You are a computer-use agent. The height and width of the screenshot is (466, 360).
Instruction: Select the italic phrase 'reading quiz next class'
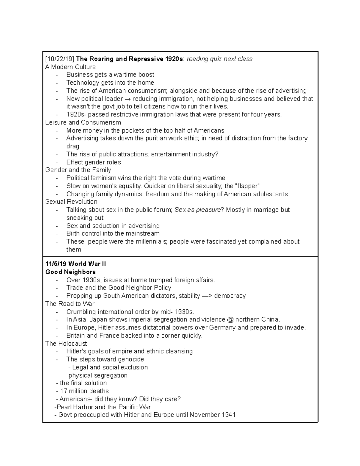pos(220,59)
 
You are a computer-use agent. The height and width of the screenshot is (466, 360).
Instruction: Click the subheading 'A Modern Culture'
pos(70,67)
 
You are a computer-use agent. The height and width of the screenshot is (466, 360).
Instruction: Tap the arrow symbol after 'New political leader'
pos(127,99)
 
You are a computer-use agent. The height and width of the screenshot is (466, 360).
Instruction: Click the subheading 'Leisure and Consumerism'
pos(83,122)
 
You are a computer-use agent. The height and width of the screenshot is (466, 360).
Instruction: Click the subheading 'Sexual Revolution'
pos(71,202)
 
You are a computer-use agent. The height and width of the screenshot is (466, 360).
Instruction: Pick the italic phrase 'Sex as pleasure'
pos(197,210)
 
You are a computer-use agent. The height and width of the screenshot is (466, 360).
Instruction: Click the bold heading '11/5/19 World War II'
pos(75,264)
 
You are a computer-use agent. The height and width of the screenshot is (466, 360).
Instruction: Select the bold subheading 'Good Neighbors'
pos(70,272)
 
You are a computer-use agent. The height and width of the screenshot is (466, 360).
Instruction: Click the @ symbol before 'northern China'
pos(230,320)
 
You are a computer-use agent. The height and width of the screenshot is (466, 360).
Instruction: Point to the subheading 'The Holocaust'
pos(66,343)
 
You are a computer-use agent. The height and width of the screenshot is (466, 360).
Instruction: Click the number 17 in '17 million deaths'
pos(63,391)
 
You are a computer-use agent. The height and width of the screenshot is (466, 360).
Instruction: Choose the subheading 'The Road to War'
pos(70,304)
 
